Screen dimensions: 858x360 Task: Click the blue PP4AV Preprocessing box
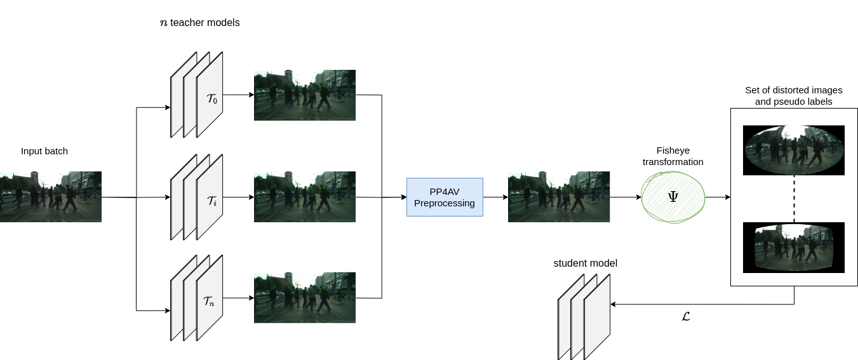[x=445, y=197]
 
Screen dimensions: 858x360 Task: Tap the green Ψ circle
[x=673, y=197]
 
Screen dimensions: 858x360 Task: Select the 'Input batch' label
[x=44, y=151]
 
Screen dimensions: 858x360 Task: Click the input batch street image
[x=51, y=196]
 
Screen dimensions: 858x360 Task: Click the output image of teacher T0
[x=305, y=95]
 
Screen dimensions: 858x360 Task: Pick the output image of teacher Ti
[x=305, y=197]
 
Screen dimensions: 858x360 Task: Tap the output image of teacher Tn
[x=305, y=298]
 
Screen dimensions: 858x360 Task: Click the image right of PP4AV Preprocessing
[x=559, y=197]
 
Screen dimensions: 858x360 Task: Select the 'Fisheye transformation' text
[x=673, y=156]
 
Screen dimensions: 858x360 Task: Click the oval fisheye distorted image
[x=794, y=150]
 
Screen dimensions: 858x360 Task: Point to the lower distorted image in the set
[x=794, y=247]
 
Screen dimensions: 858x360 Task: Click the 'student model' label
[x=585, y=263]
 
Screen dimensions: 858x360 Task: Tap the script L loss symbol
[x=685, y=316]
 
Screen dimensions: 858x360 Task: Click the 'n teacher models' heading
[x=199, y=23]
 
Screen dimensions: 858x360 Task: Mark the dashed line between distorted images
[x=794, y=199]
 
